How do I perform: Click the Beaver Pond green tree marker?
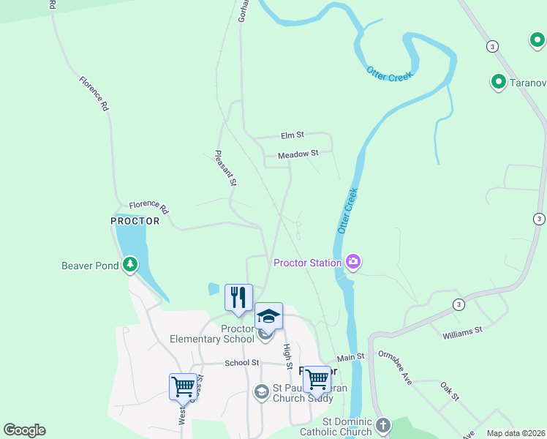[x=130, y=264]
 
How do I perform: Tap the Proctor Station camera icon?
[x=353, y=262]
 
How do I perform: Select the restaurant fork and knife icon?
[x=238, y=296]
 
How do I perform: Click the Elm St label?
[x=293, y=135]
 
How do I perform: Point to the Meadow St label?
[x=298, y=154]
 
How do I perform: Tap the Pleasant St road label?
[x=225, y=168]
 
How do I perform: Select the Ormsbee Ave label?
[x=395, y=367]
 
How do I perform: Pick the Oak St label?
[x=450, y=391]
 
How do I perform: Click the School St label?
[x=242, y=363]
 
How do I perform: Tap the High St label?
[x=287, y=356]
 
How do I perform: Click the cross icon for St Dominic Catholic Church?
[x=382, y=425]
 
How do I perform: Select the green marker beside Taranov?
[x=499, y=81]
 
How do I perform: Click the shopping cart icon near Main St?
[x=316, y=378]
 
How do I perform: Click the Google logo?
[x=24, y=430]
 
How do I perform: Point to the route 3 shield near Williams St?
[x=459, y=304]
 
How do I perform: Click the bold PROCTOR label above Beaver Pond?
[x=135, y=221]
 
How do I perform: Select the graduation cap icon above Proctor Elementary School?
[x=268, y=316]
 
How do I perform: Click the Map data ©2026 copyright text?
[x=515, y=433]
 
